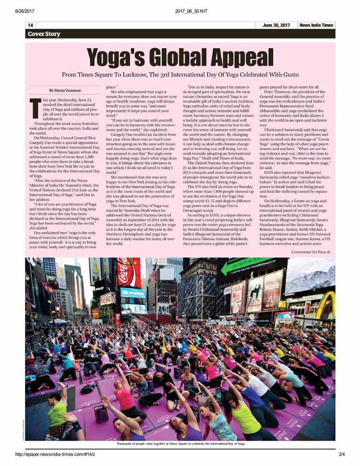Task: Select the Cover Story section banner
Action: pyautogui.click(x=44, y=34)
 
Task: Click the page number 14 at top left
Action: pyautogui.click(x=31, y=25)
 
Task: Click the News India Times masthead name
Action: pyautogui.click(x=316, y=25)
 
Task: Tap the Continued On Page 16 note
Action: pyautogui.click(x=311, y=252)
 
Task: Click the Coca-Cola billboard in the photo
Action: pyautogui.click(x=129, y=272)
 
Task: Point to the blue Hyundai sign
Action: pyautogui.click(x=133, y=293)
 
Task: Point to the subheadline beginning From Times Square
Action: pyautogui.click(x=181, y=75)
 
